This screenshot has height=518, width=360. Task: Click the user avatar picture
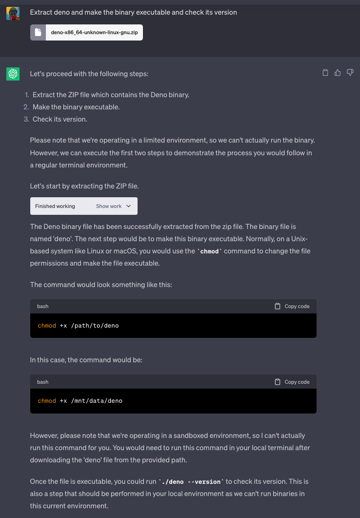click(x=13, y=13)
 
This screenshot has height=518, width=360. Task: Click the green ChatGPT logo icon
click(x=13, y=74)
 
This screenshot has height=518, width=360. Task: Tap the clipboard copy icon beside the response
click(x=325, y=73)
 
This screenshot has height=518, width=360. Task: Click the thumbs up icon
click(x=338, y=73)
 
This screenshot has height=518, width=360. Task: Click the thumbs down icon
click(x=350, y=73)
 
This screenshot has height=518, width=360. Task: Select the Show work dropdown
click(x=114, y=206)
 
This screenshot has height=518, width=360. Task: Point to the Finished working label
click(x=55, y=206)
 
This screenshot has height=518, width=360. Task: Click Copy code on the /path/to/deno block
click(x=292, y=306)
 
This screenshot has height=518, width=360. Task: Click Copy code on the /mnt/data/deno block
click(x=292, y=382)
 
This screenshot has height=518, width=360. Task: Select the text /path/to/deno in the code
click(x=95, y=325)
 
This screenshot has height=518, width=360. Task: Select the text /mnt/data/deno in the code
click(x=97, y=401)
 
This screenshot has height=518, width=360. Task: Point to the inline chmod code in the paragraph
click(x=209, y=251)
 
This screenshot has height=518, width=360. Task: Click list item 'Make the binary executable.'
click(x=76, y=107)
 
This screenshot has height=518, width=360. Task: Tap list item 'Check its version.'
click(x=60, y=119)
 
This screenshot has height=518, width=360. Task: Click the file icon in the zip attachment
click(x=38, y=33)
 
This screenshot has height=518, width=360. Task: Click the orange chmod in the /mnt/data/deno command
click(x=47, y=401)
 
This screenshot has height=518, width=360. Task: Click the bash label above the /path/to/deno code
click(x=43, y=306)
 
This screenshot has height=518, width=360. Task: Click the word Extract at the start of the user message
click(x=41, y=12)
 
